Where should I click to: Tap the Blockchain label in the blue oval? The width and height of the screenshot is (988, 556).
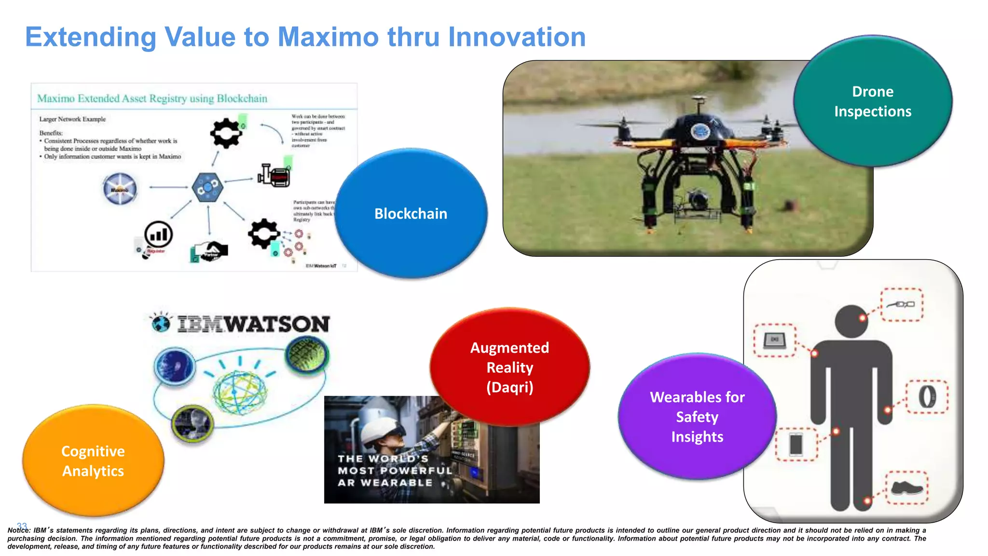(411, 214)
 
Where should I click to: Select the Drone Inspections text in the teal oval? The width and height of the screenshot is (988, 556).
(872, 101)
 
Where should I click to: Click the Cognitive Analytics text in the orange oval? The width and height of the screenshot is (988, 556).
(93, 461)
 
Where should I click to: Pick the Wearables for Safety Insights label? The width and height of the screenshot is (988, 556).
(697, 417)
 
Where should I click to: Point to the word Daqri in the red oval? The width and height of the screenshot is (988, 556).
(509, 388)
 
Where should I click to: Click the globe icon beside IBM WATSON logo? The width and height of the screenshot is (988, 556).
(161, 323)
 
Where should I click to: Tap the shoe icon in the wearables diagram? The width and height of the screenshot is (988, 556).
(906, 488)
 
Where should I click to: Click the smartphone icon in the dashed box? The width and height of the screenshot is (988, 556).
(796, 444)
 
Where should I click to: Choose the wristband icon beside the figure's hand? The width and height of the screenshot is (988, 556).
(926, 397)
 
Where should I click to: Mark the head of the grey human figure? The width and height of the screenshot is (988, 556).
(851, 321)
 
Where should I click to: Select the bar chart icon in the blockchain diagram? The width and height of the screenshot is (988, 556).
(158, 235)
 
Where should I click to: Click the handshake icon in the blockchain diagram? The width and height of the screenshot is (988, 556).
(212, 250)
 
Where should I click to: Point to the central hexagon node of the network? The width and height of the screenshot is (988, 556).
(207, 187)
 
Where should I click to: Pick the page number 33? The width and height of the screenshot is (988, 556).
(22, 526)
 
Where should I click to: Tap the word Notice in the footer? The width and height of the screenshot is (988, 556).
(18, 530)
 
